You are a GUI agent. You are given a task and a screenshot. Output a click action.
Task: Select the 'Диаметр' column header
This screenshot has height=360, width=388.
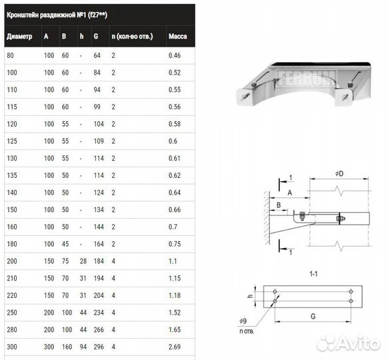coord(19,37)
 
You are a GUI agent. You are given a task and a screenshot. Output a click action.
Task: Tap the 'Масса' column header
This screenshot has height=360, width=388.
coord(178,37)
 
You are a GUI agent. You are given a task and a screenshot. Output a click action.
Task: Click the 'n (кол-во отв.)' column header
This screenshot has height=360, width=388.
coord(132,37)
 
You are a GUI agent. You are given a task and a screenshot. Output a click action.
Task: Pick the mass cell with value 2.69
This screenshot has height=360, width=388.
coord(175,347)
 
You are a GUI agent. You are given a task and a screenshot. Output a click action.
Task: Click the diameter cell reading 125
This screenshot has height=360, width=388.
coord(12,141)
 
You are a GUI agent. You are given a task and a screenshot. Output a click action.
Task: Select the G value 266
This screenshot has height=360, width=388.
coord(99,329)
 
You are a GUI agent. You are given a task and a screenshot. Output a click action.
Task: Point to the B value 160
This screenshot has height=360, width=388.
coord(67,347)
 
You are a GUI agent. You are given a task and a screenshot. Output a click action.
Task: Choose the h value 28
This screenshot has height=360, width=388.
coord(83,261)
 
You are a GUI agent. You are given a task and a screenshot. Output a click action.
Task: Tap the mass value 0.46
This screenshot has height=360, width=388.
coord(175,55)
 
